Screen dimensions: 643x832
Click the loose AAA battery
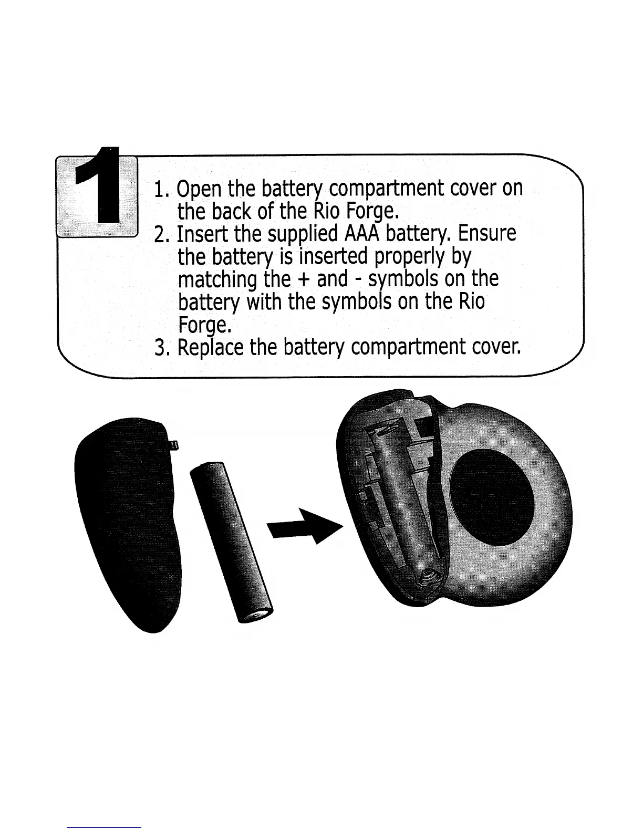point(231,541)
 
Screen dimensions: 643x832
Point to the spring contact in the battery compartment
point(428,578)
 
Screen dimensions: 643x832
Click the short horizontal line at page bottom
point(104,828)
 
